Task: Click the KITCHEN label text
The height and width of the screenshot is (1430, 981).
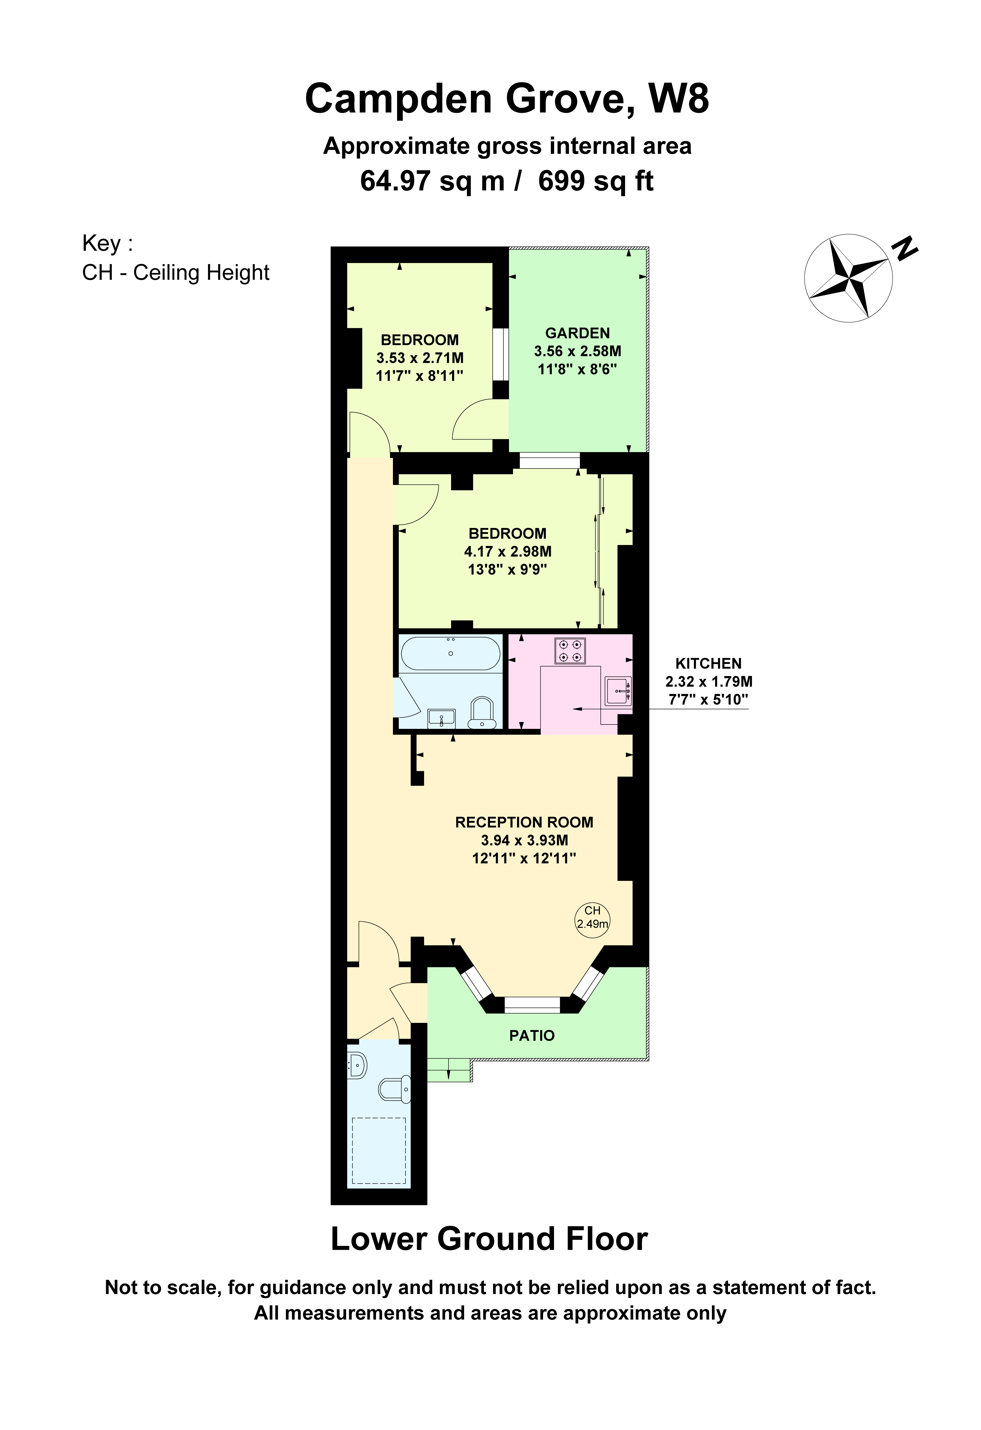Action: (708, 663)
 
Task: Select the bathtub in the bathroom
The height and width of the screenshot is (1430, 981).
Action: (451, 653)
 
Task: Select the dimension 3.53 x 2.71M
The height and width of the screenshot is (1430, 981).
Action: (420, 357)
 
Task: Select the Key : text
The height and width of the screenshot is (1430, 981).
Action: (108, 244)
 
